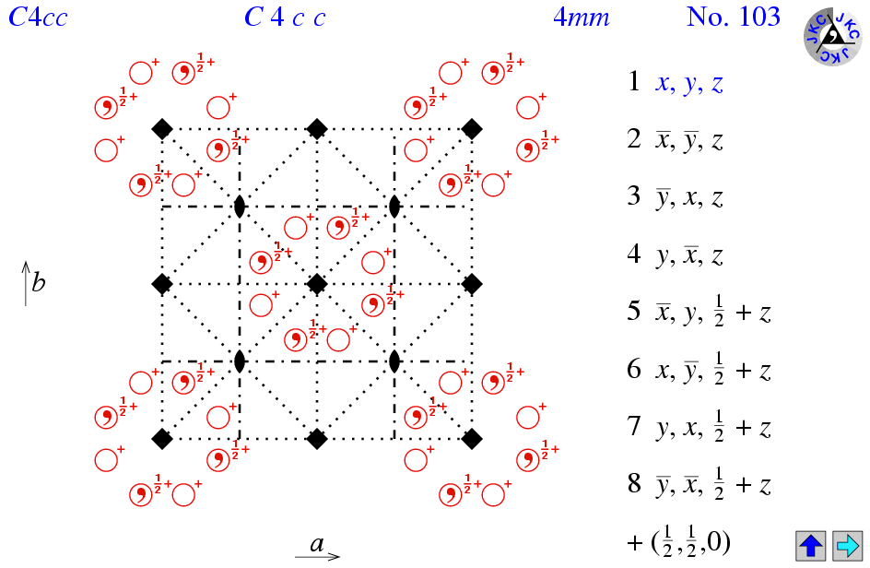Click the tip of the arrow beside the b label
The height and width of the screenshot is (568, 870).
pos(26,262)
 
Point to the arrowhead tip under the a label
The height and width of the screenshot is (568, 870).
pos(339,556)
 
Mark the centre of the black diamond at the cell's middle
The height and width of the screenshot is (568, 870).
pos(317,284)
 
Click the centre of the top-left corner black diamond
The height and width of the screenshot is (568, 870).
pos(162,129)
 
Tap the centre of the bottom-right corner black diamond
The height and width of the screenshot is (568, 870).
pos(472,439)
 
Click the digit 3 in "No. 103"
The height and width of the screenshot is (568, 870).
pos(772,17)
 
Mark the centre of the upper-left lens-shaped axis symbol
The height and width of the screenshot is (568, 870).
pos(239,207)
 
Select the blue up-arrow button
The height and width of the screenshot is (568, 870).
pos(811,545)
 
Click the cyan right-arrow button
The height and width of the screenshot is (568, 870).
pos(847,545)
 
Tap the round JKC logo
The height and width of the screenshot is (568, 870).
pos(832,36)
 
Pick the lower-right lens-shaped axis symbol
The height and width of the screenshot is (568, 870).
pos(394,361)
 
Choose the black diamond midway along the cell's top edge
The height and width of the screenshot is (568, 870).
pos(317,129)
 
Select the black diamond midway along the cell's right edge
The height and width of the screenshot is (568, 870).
pos(472,284)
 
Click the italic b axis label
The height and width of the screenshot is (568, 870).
pos(39,282)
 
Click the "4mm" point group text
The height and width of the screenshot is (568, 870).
pos(581,18)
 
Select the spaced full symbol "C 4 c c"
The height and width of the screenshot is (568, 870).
pos(285,18)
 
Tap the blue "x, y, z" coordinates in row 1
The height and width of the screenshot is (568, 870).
pos(689,83)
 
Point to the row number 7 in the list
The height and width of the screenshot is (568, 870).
pos(634,426)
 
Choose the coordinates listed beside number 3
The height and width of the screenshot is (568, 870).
pos(689,197)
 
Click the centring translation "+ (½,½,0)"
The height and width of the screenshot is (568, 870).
pos(678,542)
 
